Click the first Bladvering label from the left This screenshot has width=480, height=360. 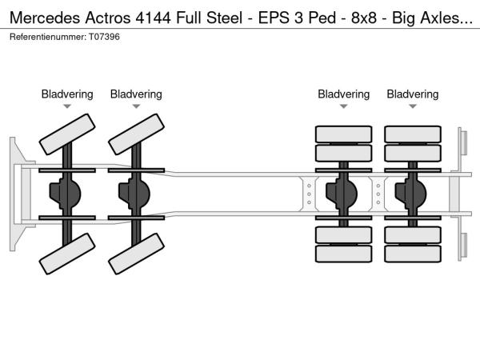tap(67, 94)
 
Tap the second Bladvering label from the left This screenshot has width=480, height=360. tap(136, 94)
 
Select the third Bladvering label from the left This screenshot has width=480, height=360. tap(343, 94)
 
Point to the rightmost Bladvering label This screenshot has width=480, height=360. tap(412, 94)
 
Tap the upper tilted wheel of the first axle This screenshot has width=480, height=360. tap(67, 134)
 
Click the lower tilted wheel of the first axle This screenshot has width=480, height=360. tap(67, 258)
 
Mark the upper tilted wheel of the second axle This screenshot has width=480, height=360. tap(136, 134)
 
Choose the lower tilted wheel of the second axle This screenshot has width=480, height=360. tap(136, 258)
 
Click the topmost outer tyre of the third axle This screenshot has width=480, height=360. tap(343, 134)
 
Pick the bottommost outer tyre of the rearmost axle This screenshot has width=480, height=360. tap(412, 254)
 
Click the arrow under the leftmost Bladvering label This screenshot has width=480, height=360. tap(67, 106)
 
